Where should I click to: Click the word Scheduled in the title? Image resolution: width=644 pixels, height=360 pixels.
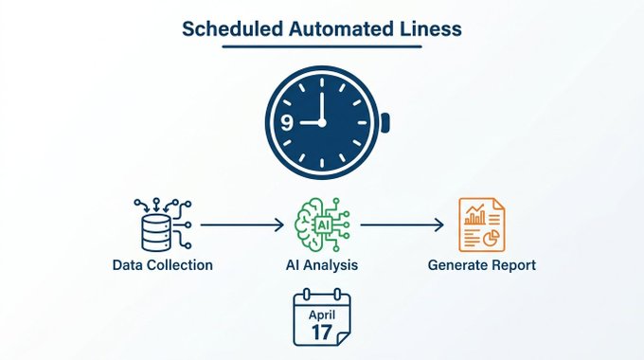tap(233, 29)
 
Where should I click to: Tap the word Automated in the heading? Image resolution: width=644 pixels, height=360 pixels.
tap(338, 29)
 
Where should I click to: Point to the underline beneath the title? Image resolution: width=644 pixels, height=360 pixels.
tap(322, 46)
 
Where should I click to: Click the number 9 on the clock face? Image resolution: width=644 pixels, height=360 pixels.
tap(287, 122)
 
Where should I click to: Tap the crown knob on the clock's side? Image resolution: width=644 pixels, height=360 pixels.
tap(385, 122)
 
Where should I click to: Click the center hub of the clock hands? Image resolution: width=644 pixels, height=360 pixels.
tap(322, 122)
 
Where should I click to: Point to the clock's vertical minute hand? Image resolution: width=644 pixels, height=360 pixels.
tap(322, 106)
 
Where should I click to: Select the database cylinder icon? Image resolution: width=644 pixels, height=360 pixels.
tap(155, 233)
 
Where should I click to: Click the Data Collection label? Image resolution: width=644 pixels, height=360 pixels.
tap(163, 265)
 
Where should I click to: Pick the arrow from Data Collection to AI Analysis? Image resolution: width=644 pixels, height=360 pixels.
tap(241, 225)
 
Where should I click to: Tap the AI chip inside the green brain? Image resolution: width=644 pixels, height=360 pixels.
tap(323, 225)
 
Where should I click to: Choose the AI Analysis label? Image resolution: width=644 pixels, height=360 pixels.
tap(322, 265)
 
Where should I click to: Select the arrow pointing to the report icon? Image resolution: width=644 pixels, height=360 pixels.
tap(402, 225)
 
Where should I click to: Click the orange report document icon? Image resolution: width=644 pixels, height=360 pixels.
tap(482, 225)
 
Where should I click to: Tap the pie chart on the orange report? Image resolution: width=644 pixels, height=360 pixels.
tap(492, 238)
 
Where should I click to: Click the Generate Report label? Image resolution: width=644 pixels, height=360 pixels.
tap(482, 265)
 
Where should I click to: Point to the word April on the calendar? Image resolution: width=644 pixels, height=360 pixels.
tap(322, 315)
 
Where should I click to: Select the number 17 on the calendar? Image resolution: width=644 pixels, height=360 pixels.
tap(322, 333)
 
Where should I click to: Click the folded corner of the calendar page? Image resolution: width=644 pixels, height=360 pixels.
tap(343, 339)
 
